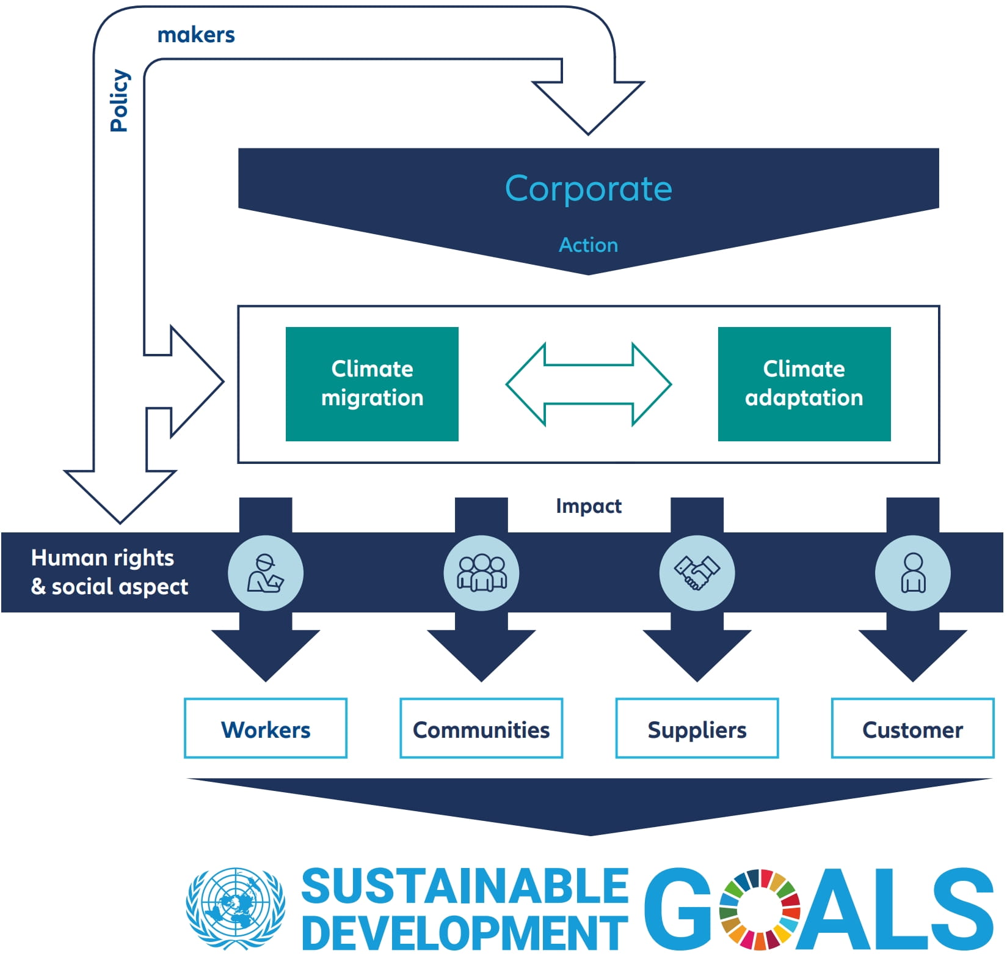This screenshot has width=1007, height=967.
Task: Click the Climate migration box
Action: (x=372, y=383)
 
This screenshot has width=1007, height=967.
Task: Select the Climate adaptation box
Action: (x=804, y=383)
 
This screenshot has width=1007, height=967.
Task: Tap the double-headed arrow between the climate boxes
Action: (x=588, y=384)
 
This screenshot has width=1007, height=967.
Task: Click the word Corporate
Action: (x=588, y=188)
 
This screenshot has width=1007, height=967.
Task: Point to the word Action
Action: (x=588, y=245)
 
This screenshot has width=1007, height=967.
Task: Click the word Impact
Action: (x=588, y=506)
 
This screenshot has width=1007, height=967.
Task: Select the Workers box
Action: (x=266, y=729)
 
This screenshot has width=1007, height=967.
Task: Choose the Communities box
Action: (x=481, y=729)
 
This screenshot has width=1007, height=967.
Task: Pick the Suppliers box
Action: (x=697, y=729)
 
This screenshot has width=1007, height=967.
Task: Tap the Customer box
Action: (x=912, y=729)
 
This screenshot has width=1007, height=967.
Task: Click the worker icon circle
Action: (x=266, y=573)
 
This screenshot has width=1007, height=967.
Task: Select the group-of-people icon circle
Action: (x=481, y=573)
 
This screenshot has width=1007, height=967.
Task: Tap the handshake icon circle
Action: (x=697, y=573)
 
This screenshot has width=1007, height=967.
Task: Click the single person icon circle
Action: (x=912, y=573)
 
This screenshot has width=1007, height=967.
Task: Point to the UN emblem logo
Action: (x=235, y=908)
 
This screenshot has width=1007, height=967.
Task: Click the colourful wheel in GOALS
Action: (x=759, y=909)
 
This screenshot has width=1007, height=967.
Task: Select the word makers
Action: (x=196, y=35)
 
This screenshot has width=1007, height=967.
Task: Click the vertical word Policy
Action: (x=120, y=100)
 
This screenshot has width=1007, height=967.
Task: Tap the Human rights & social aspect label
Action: (x=109, y=572)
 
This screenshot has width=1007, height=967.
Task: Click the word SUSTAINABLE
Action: (x=465, y=886)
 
